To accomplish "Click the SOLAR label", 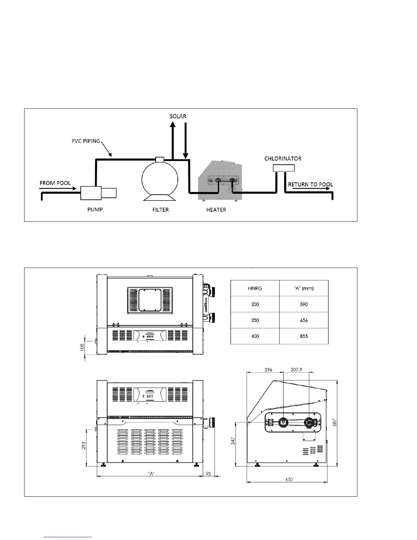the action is (x=178, y=116).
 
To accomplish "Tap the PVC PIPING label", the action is (x=86, y=141).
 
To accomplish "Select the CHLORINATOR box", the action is (x=283, y=168).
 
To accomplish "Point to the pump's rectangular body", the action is (x=91, y=193).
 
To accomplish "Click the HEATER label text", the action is (x=216, y=210).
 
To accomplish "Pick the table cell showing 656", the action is (x=304, y=320).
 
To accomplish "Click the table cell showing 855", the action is (x=304, y=336).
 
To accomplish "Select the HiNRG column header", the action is (x=255, y=288).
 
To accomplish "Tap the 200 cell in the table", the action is (x=255, y=304).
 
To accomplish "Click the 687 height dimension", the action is (x=335, y=423).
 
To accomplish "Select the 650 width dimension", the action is (x=289, y=479).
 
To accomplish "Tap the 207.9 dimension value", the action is (x=296, y=370).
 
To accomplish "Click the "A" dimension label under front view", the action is (x=152, y=474).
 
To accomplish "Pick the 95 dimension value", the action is (x=209, y=474).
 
